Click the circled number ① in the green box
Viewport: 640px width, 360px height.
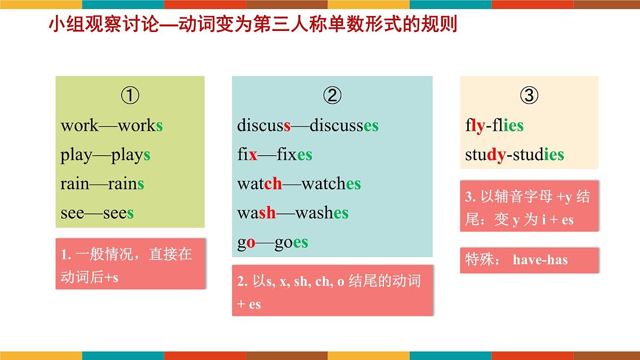(130, 96)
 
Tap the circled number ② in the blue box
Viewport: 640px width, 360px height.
(332, 96)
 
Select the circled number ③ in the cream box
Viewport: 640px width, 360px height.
(529, 96)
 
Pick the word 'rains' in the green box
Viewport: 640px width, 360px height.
(126, 184)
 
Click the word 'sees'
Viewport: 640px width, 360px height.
(118, 213)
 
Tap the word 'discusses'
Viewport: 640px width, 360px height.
(344, 126)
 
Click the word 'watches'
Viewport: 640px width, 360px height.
(331, 184)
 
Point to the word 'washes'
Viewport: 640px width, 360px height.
(322, 213)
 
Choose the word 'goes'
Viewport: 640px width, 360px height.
(291, 243)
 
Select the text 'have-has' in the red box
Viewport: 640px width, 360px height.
(540, 260)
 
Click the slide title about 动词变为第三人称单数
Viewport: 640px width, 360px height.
(253, 25)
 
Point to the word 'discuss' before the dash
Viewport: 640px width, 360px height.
(264, 126)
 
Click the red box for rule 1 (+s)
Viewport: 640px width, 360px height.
(130, 264)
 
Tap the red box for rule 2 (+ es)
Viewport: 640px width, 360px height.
(332, 291)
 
